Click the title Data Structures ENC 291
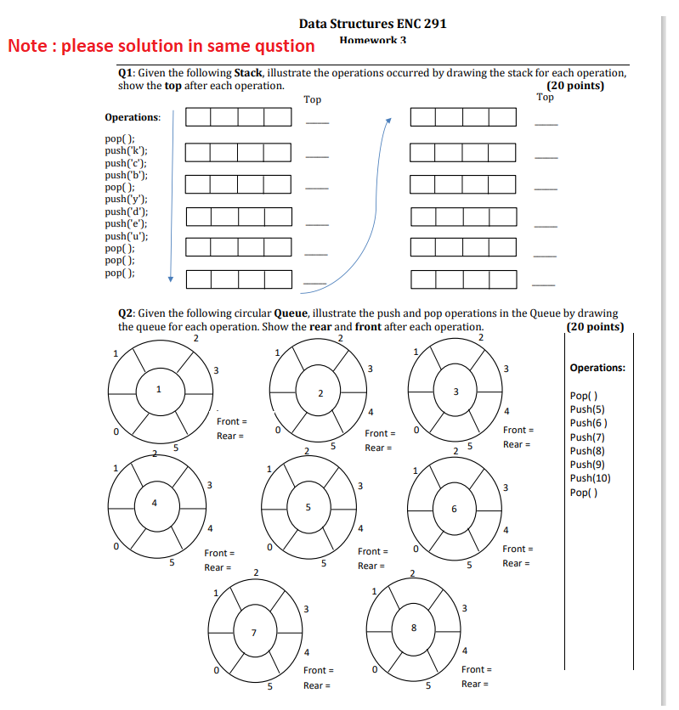click(372, 23)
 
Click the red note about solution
click(161, 46)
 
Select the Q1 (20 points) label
click(575, 86)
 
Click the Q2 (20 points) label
click(594, 327)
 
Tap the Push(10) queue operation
click(590, 478)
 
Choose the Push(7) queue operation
click(586, 437)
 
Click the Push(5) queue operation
click(586, 409)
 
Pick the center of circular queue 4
click(154, 503)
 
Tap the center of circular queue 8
click(414, 628)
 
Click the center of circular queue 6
click(454, 508)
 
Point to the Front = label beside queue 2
click(381, 433)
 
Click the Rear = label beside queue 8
click(475, 684)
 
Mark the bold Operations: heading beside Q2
click(597, 368)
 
